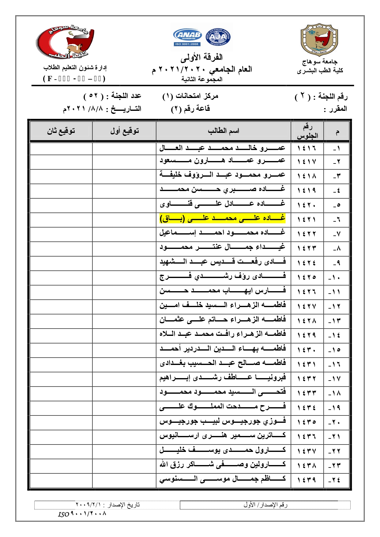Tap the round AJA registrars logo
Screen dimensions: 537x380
218,37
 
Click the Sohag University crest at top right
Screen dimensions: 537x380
319,39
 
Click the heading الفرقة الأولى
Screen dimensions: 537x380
201,57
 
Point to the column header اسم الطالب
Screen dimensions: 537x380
223,131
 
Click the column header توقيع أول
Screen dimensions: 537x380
124,131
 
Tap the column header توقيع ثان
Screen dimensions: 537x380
61,131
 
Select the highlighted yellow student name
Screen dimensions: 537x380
223,218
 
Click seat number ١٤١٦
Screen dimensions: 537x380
307,148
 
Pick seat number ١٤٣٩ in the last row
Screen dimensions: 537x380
307,480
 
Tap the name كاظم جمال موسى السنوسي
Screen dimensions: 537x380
223,479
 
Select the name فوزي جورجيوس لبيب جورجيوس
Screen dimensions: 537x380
223,421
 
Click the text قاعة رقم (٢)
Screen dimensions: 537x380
190,109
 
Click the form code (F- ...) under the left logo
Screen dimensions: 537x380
74,79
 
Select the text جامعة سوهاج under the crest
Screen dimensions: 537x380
320,62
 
